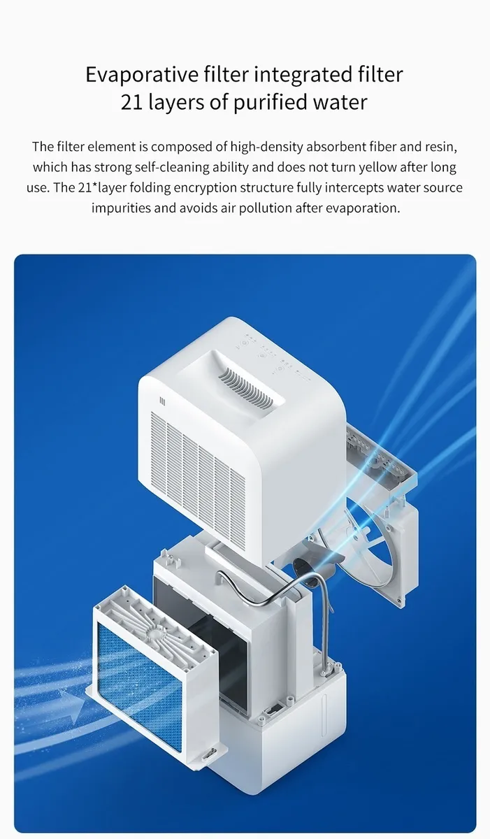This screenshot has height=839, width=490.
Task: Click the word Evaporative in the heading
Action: [142, 74]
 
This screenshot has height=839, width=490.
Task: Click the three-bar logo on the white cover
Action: [162, 401]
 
